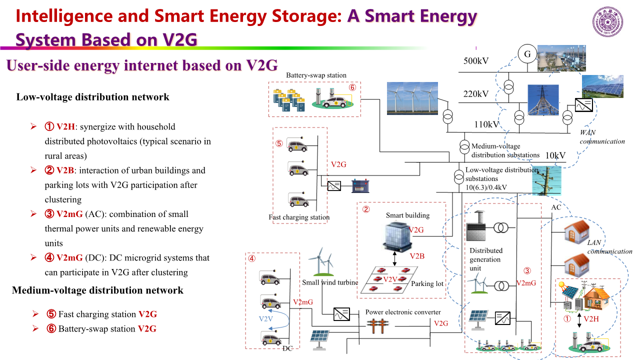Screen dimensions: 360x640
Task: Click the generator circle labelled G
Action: [526, 54]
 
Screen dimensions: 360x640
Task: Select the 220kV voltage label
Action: [475, 94]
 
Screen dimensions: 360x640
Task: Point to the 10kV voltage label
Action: [555, 155]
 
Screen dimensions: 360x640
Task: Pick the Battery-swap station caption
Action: [316, 75]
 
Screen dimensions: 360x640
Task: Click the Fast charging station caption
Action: [299, 217]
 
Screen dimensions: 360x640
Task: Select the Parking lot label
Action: [427, 283]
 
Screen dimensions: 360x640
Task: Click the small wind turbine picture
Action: [320, 263]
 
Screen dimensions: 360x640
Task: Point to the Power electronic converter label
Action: [403, 312]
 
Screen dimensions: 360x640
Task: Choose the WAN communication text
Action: [602, 137]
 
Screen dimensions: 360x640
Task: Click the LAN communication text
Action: [609, 247]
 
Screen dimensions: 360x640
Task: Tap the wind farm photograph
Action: [412, 98]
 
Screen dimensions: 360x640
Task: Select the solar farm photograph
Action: [602, 86]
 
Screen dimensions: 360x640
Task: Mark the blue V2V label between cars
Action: [266, 318]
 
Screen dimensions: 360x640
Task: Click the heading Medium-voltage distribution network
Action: [97, 290]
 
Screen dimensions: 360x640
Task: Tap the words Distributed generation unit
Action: [485, 259]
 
